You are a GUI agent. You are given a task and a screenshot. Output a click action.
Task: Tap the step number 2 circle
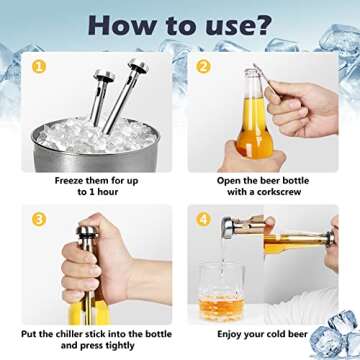pos(203,67)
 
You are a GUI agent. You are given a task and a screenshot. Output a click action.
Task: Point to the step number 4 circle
pos(203,217)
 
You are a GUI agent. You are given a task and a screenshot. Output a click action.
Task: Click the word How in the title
pos(111,25)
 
